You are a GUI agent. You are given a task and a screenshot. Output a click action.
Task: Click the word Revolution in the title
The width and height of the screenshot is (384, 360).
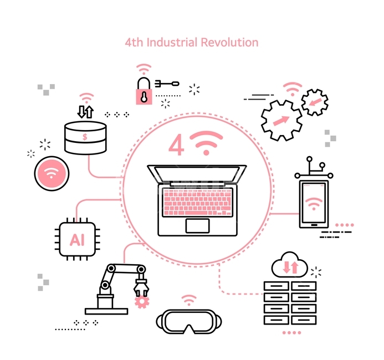(229, 42)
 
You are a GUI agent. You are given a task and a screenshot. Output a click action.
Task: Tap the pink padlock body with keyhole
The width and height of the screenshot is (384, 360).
(144, 97)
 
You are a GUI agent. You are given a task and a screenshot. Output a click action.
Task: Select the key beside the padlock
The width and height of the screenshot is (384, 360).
(167, 84)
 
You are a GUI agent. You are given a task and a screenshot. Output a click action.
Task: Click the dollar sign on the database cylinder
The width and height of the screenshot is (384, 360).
(85, 137)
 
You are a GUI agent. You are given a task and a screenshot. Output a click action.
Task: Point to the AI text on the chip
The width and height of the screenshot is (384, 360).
(77, 240)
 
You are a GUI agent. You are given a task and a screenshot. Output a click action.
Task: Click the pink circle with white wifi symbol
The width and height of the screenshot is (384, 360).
(52, 173)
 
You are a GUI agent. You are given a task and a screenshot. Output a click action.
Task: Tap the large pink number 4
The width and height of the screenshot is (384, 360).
(176, 145)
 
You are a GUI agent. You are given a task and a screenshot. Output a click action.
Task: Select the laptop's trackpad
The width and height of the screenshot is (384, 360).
(197, 225)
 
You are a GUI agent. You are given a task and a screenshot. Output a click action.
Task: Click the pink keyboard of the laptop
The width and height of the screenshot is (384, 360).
(197, 202)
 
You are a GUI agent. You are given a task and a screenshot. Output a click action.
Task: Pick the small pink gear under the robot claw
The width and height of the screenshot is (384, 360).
(142, 302)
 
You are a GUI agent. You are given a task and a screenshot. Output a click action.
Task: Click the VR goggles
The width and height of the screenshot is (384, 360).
(189, 321)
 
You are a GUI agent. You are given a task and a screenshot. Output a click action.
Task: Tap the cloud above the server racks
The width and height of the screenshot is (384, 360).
(290, 265)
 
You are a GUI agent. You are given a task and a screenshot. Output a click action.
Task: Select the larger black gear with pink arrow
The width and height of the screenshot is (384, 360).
(281, 120)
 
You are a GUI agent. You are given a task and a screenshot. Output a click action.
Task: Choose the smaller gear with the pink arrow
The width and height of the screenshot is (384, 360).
(315, 102)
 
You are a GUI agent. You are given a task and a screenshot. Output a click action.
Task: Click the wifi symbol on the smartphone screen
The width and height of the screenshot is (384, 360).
(314, 204)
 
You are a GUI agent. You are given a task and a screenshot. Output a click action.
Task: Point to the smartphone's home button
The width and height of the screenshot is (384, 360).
(314, 225)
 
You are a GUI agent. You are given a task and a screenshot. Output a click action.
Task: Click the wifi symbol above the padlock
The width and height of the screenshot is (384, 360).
(144, 69)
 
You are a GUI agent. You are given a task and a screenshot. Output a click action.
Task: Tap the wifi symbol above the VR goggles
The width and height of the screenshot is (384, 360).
(189, 300)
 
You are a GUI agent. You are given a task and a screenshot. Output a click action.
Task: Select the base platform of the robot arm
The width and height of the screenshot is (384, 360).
(106, 311)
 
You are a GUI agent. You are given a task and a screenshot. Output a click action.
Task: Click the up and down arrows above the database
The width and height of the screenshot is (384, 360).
(85, 112)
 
